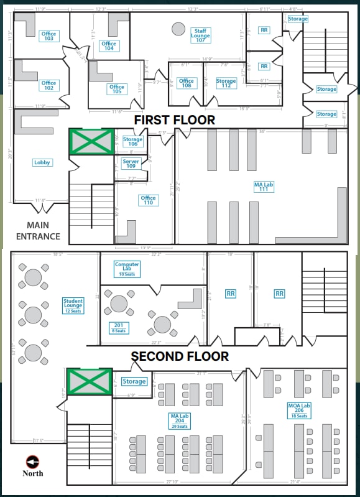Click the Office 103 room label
(48, 35)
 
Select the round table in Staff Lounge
(178, 29)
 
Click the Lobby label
(42, 162)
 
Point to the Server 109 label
(131, 164)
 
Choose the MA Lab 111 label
(264, 186)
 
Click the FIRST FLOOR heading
(175, 120)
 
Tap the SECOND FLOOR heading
(179, 356)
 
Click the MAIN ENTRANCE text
(38, 231)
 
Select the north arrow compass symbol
(32, 461)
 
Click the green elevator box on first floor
(91, 142)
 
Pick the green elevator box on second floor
(90, 381)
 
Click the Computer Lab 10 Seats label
(127, 269)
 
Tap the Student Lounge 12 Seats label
(73, 305)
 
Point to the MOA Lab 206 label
(298, 411)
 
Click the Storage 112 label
(226, 83)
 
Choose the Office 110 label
(148, 200)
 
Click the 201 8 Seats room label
(118, 327)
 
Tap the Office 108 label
(187, 83)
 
